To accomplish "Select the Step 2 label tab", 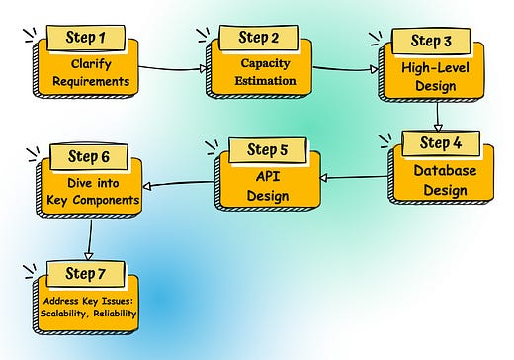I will (259, 39).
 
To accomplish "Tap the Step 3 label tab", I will (432, 41).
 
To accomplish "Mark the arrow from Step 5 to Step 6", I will (178, 183).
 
